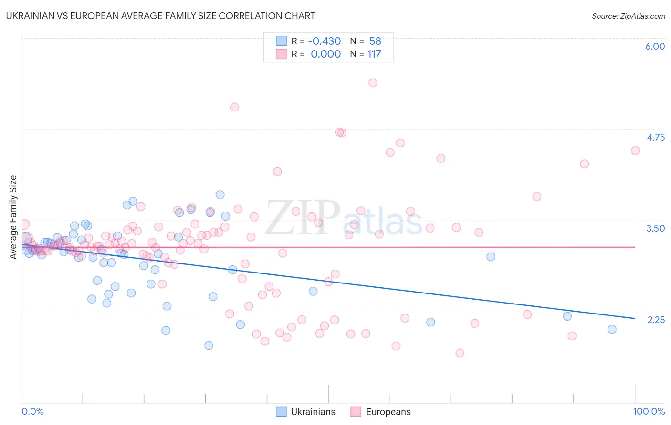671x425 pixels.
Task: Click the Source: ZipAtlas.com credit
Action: [x=628, y=16]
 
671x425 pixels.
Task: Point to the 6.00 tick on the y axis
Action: [x=655, y=46]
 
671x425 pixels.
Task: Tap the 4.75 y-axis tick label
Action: [x=655, y=137]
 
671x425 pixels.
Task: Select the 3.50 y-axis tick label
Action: [x=655, y=228]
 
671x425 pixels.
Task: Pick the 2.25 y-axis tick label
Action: [x=656, y=319]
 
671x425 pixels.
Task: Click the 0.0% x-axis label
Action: [x=32, y=411]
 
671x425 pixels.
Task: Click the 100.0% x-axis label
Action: [x=649, y=411]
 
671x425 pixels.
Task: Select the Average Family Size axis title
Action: [x=13, y=217]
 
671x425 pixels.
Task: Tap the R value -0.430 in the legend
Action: [x=324, y=41]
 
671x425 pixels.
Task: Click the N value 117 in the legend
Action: [x=374, y=54]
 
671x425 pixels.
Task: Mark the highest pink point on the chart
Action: [x=373, y=83]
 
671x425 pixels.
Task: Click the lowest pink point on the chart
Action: [x=460, y=353]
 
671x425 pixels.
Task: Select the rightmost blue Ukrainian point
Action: [x=612, y=329]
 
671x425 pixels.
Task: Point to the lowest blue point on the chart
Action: [x=209, y=345]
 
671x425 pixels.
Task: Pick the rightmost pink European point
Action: [x=635, y=151]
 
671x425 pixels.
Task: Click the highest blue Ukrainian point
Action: [x=220, y=194]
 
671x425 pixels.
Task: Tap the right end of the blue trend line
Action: [x=635, y=318]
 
